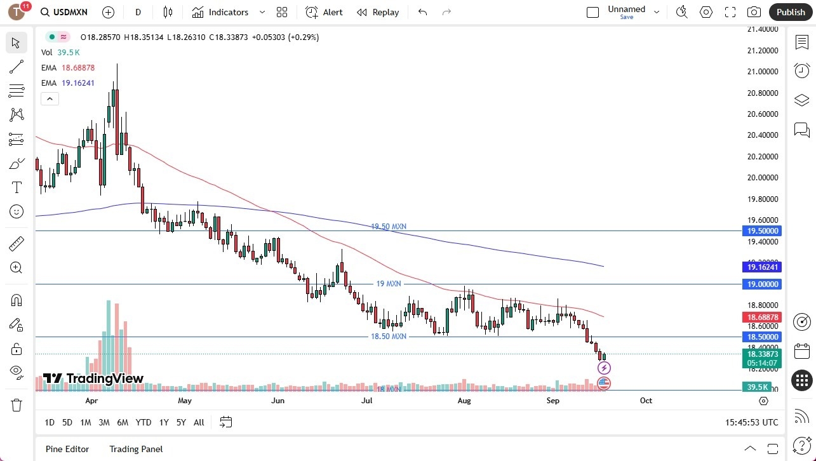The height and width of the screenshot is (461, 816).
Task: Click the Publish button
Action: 791,12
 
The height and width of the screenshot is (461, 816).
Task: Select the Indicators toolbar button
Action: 220,12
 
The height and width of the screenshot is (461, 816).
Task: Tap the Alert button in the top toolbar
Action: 324,12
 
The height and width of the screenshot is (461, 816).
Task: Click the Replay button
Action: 378,12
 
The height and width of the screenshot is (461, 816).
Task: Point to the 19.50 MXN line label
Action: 389,227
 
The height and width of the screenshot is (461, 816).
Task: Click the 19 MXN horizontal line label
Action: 389,284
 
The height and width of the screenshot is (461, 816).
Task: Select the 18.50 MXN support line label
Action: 389,337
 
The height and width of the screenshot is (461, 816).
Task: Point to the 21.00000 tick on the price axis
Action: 763,71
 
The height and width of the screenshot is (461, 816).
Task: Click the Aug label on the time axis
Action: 464,401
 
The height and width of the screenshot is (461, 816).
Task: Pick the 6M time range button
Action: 123,422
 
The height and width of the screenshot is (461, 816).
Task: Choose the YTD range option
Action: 144,422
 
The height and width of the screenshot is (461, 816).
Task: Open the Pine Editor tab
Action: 67,449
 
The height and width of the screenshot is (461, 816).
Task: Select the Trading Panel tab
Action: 136,449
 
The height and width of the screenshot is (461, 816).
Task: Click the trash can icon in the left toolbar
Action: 17,404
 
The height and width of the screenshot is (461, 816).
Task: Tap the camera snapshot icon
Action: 754,12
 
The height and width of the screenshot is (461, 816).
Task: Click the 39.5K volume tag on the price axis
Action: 758,387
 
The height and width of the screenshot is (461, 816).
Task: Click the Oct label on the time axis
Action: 646,401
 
